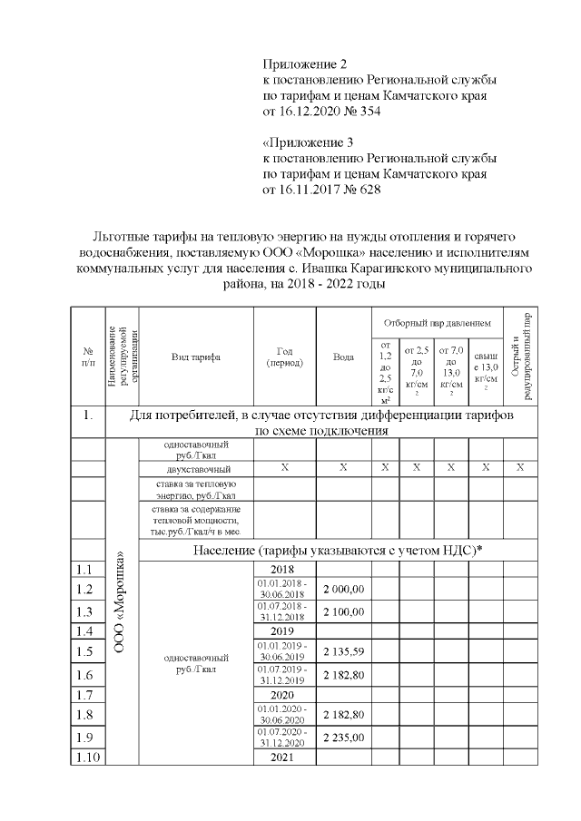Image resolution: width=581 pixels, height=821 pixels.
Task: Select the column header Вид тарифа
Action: (195, 357)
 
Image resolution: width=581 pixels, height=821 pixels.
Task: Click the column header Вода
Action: (343, 357)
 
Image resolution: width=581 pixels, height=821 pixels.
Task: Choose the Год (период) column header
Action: (284, 357)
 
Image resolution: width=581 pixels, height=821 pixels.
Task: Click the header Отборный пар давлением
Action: (437, 322)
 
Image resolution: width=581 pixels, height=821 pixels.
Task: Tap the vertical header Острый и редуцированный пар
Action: (520, 357)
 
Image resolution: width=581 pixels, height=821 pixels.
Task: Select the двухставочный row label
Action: (195, 469)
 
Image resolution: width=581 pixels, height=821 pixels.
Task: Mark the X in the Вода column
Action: (343, 468)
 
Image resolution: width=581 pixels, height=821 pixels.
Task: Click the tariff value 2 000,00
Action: (343, 589)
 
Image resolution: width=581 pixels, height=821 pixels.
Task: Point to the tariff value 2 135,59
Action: (343, 650)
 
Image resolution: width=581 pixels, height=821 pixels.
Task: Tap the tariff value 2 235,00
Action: (343, 738)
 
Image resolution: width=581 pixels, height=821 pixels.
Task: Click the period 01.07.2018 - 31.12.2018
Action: (284, 611)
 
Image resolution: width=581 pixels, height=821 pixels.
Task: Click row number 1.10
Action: (88, 757)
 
